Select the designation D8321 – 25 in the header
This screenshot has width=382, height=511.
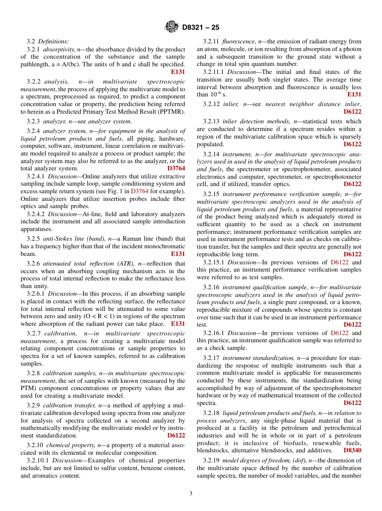pos(201,28)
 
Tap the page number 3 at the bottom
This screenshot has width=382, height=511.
pos(191,494)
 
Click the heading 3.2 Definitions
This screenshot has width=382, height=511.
pos(47,41)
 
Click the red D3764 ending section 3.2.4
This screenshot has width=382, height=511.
pos(176,168)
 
